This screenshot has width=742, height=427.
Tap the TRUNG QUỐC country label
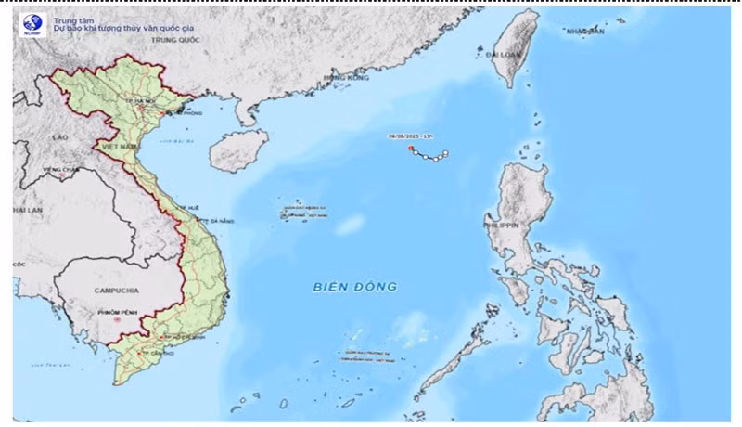pos(176,40)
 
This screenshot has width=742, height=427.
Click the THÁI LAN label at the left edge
pos(28,211)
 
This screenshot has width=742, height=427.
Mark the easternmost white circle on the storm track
pos(445,151)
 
